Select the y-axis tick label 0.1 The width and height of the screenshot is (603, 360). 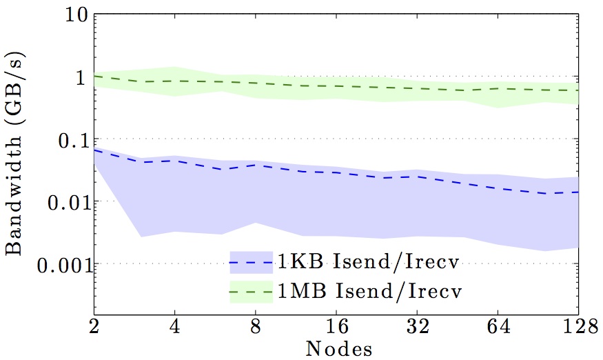pyautogui.click(x=67, y=139)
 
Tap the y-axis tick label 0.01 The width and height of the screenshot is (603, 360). pyautogui.click(x=61, y=201)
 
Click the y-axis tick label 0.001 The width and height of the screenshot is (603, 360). pyautogui.click(x=54, y=264)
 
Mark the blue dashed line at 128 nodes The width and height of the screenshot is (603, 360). pyautogui.click(x=577, y=192)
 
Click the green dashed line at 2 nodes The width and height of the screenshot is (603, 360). pyautogui.click(x=94, y=76)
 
